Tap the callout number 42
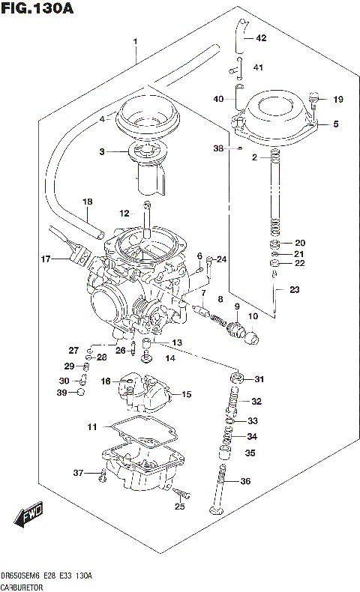pos(261,37)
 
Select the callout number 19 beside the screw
pos(337,99)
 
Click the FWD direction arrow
pos(27,518)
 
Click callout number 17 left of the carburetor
pos(46,259)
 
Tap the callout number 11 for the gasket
pos(91,427)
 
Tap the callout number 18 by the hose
pos(87,202)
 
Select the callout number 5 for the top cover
pos(336,124)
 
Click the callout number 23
pos(295,290)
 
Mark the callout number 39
pos(62,392)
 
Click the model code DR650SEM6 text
pos(22,576)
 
